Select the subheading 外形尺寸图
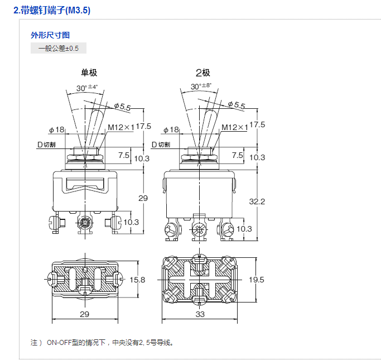[50, 35]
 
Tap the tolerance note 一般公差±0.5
[59, 49]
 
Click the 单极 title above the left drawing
[89, 73]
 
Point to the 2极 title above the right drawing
[202, 73]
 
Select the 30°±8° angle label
[201, 87]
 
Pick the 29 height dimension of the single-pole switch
[143, 199]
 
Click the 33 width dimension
[200, 315]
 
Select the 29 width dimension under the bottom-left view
[85, 315]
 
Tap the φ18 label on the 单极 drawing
[57, 130]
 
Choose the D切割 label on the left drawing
[46, 145]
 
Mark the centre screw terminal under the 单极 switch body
[85, 223]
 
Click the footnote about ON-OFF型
[106, 342]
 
